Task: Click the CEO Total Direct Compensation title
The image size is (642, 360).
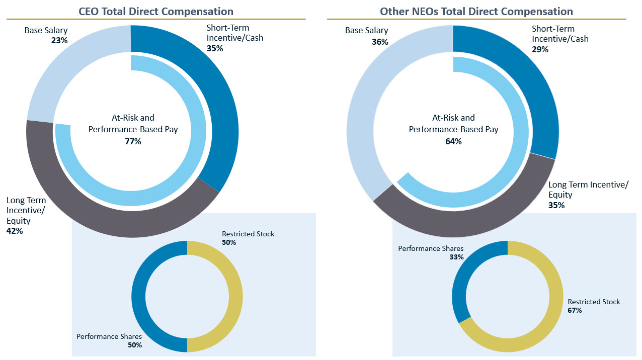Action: tap(156, 11)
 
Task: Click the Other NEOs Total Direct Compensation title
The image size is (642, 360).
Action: tap(476, 11)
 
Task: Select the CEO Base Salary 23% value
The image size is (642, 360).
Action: tap(59, 40)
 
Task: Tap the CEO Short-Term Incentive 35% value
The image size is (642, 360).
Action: tap(214, 49)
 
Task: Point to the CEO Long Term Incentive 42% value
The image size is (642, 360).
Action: tap(15, 231)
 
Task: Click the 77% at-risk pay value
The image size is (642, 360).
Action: tap(133, 141)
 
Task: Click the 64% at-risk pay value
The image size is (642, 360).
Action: tap(453, 141)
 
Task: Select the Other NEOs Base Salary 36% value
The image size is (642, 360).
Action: tap(380, 42)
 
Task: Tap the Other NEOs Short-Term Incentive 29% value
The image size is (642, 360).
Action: tap(540, 49)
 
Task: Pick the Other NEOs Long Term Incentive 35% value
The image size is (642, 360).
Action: tap(556, 205)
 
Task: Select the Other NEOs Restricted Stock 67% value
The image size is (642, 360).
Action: tap(575, 310)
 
